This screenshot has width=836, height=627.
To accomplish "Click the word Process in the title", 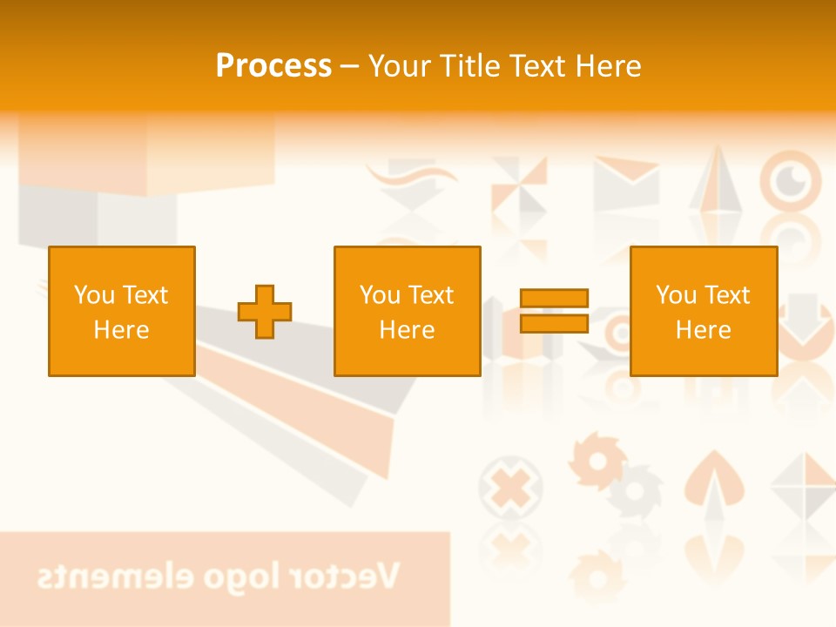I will [x=273, y=66].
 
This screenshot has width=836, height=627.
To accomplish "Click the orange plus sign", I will [x=265, y=312].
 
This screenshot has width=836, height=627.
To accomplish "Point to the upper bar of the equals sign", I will [x=554, y=298].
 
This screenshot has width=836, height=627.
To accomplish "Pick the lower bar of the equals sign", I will [x=554, y=323].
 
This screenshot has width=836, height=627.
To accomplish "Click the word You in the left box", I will [x=94, y=295].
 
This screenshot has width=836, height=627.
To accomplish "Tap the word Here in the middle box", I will [x=407, y=330].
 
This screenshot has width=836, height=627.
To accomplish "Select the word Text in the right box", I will [x=728, y=295].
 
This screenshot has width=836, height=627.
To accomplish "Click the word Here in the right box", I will [x=703, y=330].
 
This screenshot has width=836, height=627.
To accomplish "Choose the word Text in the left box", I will [x=145, y=295].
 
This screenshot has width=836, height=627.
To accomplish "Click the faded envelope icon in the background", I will [x=626, y=184].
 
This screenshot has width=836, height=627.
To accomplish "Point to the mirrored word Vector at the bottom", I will [x=351, y=576].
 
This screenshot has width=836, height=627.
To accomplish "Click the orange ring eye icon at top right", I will [x=791, y=181].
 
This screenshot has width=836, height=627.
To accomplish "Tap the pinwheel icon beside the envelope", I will [x=519, y=185].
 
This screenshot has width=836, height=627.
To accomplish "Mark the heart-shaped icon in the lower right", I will [x=714, y=478].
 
